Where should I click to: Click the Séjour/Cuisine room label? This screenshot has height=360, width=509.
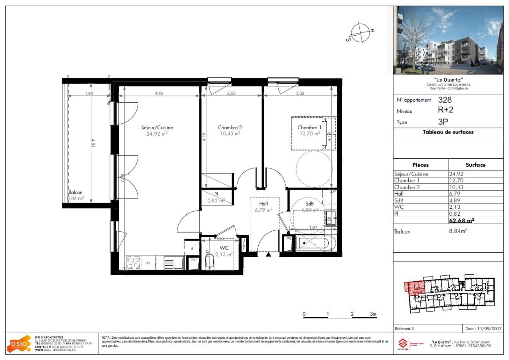[157, 128]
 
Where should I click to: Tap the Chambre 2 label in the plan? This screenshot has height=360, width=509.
[230, 128]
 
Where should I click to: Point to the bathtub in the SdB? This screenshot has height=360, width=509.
[315, 243]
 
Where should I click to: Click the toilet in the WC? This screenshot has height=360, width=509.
[208, 262]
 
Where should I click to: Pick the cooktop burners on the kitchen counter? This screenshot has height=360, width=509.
[133, 263]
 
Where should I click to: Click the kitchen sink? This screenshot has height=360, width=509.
[173, 263]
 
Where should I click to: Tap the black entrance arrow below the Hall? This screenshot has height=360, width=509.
[269, 254]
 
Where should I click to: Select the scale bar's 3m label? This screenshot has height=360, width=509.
[373, 314]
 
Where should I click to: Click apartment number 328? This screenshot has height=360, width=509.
[445, 100]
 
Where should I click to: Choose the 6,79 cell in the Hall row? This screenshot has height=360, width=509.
[455, 194]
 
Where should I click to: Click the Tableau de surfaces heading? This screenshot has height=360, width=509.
[448, 132]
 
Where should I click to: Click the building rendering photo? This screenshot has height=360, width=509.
[447, 40]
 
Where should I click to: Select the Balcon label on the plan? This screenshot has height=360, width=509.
[75, 192]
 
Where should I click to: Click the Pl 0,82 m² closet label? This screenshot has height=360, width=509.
[216, 197]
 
